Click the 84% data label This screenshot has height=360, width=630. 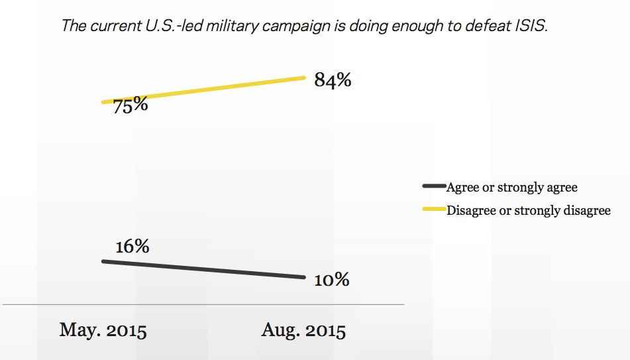click(x=333, y=81)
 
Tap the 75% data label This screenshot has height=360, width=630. click(x=130, y=105)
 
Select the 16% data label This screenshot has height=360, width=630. click(x=132, y=247)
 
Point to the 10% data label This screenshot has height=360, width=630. click(x=331, y=280)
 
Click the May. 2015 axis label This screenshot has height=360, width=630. click(x=103, y=330)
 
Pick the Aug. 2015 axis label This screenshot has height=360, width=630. click(x=303, y=330)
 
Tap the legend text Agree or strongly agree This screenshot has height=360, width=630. click(x=512, y=188)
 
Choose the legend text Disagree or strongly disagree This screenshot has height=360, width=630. click(x=529, y=211)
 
